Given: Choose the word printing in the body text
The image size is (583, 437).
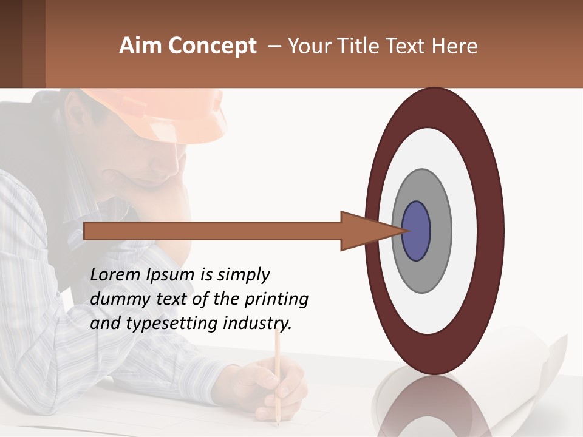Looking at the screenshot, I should [276, 299].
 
